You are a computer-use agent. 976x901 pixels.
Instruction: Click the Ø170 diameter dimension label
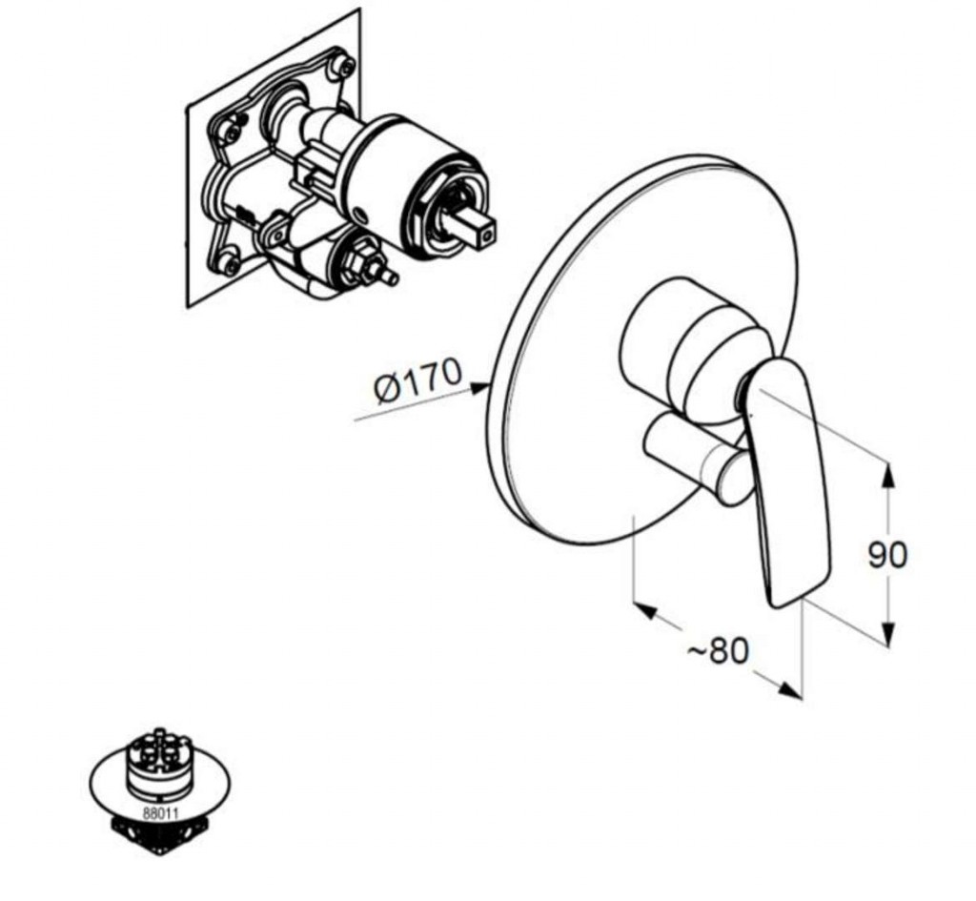(x=418, y=379)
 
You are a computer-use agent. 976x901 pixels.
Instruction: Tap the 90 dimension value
(x=887, y=556)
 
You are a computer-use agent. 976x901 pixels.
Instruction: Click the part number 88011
(x=160, y=813)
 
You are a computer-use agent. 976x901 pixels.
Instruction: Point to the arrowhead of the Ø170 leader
(x=479, y=388)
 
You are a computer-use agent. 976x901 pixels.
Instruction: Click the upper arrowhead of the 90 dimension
(x=889, y=476)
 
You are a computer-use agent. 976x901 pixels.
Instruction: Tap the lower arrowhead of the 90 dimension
(x=889, y=634)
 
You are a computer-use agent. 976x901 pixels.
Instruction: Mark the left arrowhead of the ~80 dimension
(x=644, y=610)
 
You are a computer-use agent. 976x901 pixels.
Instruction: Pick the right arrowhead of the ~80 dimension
(x=789, y=688)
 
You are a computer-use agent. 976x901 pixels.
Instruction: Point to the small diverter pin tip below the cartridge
(x=391, y=277)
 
